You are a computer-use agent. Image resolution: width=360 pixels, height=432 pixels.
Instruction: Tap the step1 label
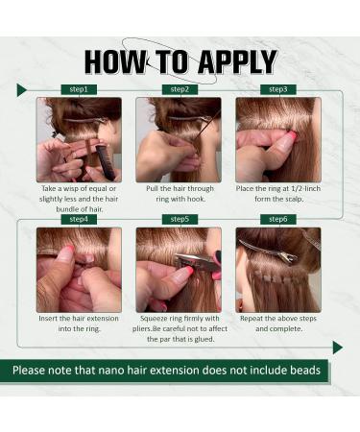(80, 89)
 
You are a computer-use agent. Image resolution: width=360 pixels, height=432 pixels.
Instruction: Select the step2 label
(180, 89)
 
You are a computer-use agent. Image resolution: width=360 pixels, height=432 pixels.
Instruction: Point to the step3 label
(278, 89)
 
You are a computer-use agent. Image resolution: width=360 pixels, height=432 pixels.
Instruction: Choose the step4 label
(80, 219)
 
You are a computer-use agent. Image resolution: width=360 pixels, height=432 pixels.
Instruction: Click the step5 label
(180, 219)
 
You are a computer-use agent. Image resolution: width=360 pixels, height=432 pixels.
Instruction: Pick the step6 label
(278, 219)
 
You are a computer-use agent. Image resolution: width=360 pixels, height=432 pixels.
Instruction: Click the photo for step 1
(80, 139)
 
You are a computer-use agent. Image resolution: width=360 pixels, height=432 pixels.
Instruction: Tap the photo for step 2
(180, 139)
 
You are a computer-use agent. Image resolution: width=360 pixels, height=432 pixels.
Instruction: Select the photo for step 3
(278, 139)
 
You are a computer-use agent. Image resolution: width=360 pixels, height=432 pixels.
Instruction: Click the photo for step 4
(80, 269)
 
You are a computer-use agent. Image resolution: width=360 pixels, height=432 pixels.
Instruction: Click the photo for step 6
(278, 269)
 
